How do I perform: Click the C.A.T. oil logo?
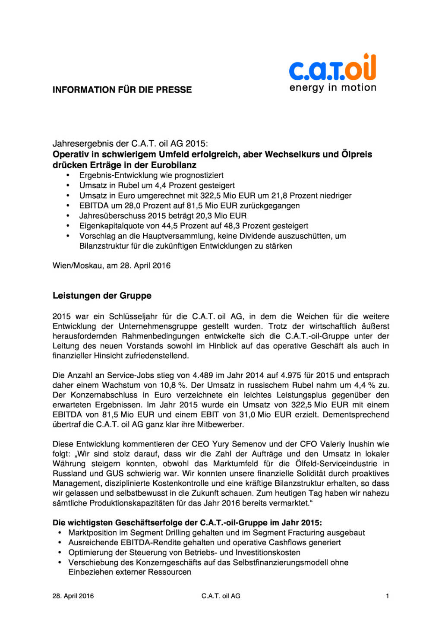pos(332,68)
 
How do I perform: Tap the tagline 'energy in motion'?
pos(333,88)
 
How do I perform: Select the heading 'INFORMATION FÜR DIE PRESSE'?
pos(122,90)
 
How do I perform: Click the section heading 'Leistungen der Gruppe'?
pos(102,296)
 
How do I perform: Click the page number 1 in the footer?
pos(387,596)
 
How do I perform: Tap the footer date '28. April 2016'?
pos(73,596)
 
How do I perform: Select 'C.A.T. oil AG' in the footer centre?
pos(221,596)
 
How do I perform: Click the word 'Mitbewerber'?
pos(221,424)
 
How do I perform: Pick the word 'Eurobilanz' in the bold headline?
pos(174,165)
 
